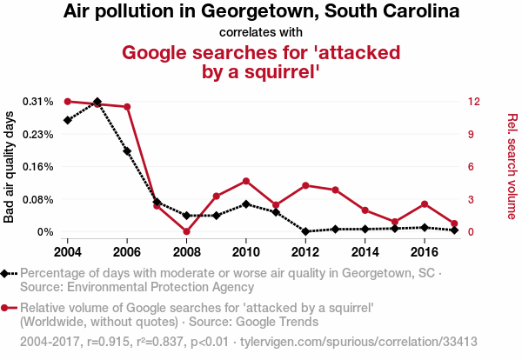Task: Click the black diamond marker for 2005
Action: click(x=97, y=102)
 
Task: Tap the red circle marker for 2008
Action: click(x=187, y=231)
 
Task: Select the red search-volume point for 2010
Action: click(x=246, y=181)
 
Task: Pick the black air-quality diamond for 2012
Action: click(x=305, y=231)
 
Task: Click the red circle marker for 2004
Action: click(x=68, y=102)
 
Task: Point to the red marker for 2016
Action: click(x=424, y=204)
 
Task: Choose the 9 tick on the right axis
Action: click(x=469, y=134)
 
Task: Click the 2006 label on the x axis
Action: click(x=127, y=251)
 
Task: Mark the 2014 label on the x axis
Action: click(x=365, y=251)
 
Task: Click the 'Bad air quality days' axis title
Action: click(x=10, y=167)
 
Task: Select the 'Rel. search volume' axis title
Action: click(x=512, y=167)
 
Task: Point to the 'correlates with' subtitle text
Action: click(x=261, y=32)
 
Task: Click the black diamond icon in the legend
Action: click(x=8, y=274)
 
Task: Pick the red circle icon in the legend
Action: click(x=8, y=308)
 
